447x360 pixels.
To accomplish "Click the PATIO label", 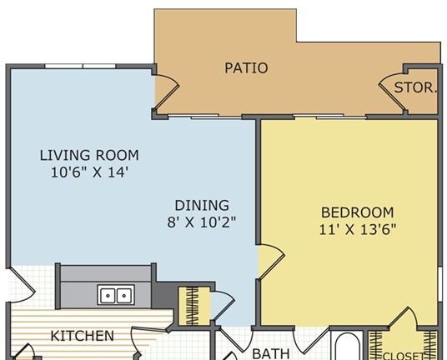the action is tap(246, 68).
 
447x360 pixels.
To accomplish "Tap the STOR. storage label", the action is tap(415, 87).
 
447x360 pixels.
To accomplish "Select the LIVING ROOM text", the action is tap(89, 156).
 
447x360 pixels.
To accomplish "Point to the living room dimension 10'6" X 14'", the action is tap(89, 172).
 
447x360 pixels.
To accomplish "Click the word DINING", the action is tap(202, 205).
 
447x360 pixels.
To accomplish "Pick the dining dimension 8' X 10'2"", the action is tap(202, 222).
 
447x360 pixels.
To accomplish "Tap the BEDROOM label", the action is tap(358, 212).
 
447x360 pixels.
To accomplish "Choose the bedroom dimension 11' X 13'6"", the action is tap(358, 229).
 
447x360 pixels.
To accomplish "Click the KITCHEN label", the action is tap(82, 336).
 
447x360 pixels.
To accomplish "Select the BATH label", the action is tap(271, 353).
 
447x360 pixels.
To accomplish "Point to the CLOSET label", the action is tap(404, 356).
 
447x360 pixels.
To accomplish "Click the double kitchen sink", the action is tap(116, 295).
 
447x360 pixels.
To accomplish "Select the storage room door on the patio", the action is tap(392, 91).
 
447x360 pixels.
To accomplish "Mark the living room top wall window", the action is tap(80, 67).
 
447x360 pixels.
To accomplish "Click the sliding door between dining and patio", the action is tap(205, 116).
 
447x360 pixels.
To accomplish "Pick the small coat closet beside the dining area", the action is tap(194, 306).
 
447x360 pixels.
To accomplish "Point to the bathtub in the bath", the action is tap(348, 346).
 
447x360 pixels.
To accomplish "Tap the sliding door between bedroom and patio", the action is tap(330, 116).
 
